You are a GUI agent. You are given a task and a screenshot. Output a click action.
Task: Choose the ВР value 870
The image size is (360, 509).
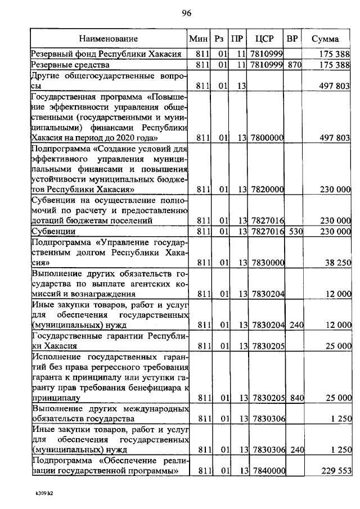coord(294,65)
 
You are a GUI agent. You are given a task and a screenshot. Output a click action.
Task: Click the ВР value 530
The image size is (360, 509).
coord(294,231)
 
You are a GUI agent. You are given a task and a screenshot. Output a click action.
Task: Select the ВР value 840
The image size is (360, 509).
coord(294,398)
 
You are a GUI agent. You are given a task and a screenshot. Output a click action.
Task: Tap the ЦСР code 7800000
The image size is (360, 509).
coord(266,137)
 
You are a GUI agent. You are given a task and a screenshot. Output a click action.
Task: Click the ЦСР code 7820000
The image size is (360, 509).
coord(266,190)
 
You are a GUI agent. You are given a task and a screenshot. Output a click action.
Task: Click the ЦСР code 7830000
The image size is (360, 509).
coord(266,262)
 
